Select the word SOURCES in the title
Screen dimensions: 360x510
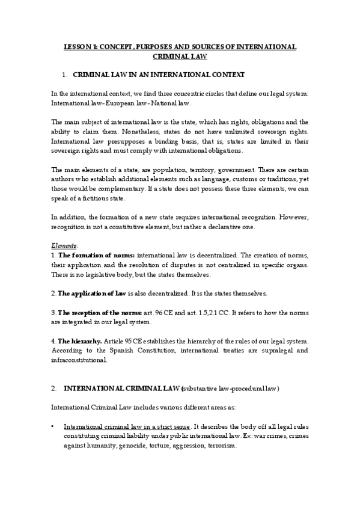[x=202, y=46]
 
